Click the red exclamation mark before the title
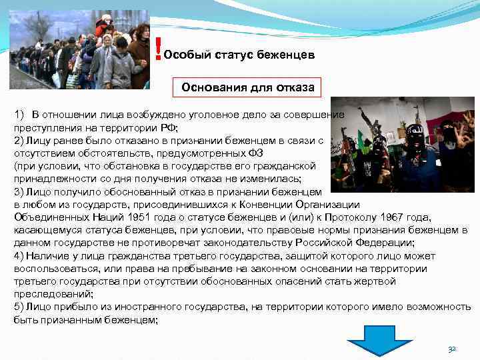[x=157, y=48]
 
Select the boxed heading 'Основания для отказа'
[x=247, y=88]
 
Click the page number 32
[x=452, y=349]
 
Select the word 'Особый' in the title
[x=183, y=55]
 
